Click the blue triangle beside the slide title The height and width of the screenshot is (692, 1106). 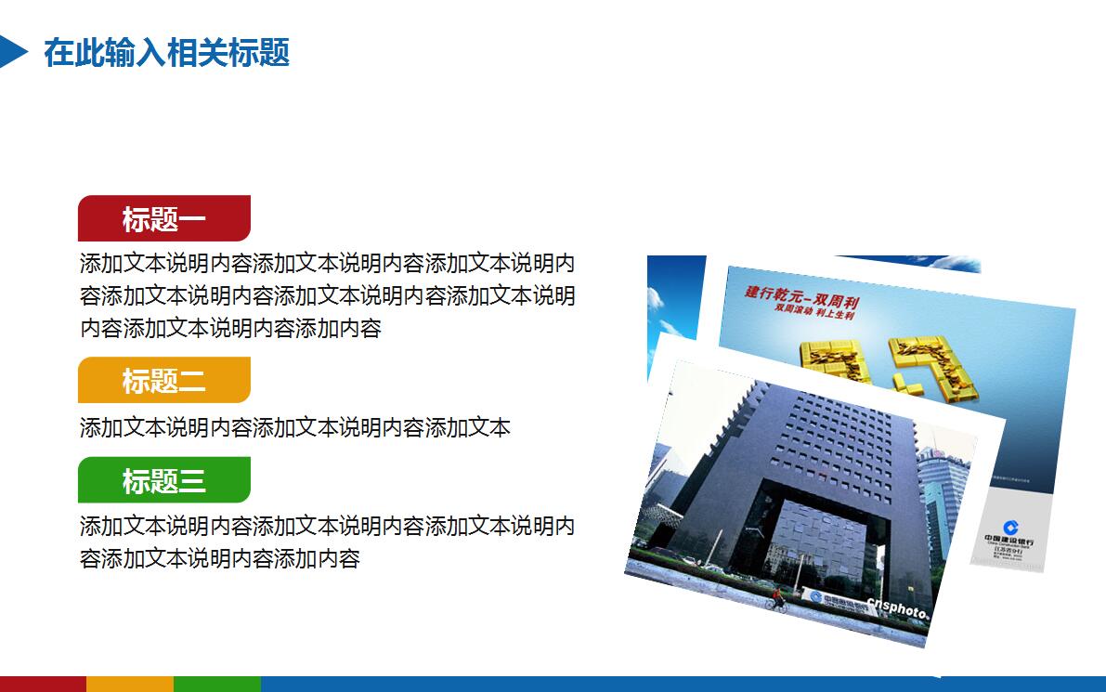[x=12, y=51]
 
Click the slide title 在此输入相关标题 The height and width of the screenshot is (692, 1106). [x=166, y=53]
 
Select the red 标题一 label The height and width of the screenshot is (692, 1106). [x=164, y=219]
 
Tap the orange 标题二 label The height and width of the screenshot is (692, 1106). [x=164, y=381]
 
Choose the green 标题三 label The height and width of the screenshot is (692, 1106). [x=164, y=481]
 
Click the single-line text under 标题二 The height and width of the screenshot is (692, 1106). [x=294, y=427]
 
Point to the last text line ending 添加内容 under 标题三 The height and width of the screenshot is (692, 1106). [x=219, y=558]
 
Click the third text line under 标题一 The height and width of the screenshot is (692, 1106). [x=230, y=328]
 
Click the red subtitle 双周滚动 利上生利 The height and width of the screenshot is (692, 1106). [x=814, y=313]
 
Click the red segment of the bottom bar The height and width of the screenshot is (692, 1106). [x=43, y=685]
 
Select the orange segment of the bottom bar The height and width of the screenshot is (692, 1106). [x=130, y=685]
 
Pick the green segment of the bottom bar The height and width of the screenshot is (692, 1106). [x=217, y=685]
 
